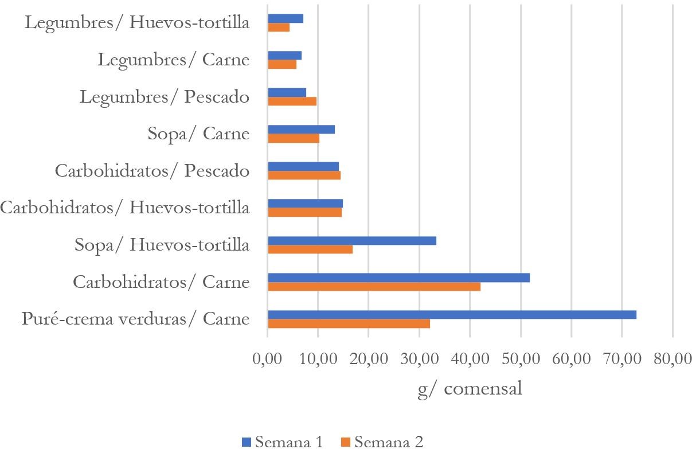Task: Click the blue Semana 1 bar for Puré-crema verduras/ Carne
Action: (x=452, y=315)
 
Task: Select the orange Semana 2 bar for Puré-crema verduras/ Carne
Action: (x=349, y=323)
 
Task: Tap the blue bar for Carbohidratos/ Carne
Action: (x=398, y=278)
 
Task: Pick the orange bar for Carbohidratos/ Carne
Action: (x=374, y=287)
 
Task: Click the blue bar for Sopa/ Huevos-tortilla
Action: (x=352, y=241)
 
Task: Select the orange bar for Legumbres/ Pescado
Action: (x=292, y=101)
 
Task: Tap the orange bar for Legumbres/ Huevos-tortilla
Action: (x=279, y=28)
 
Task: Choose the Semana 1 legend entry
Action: (x=283, y=442)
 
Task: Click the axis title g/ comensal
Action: (x=470, y=389)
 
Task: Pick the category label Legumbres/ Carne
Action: (x=173, y=60)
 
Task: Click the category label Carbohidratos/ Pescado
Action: (x=152, y=171)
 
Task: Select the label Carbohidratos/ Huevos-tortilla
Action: (x=125, y=208)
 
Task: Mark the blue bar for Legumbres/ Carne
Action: (x=284, y=56)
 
